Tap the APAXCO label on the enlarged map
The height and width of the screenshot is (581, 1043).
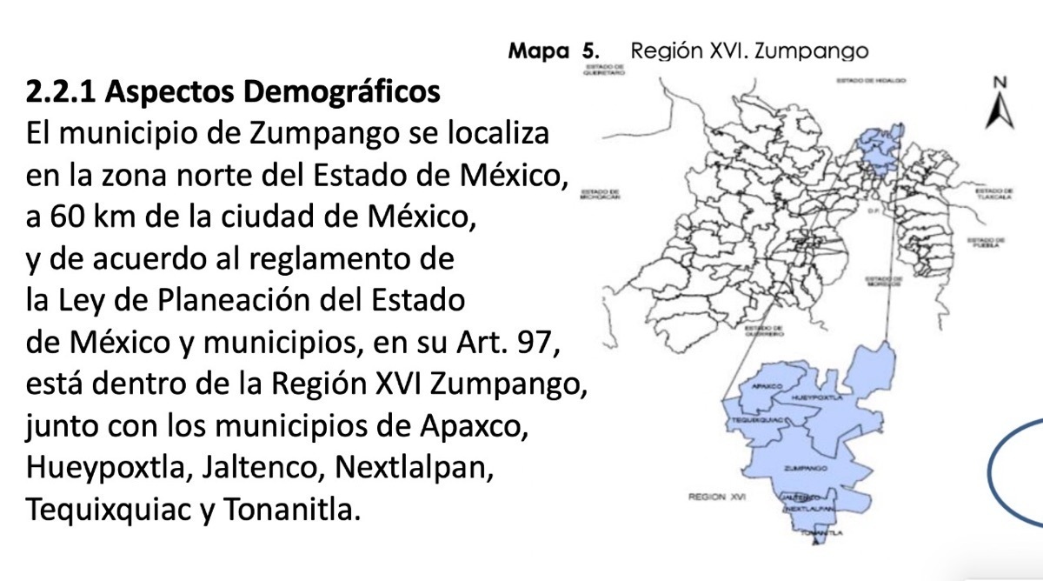[x=762, y=384]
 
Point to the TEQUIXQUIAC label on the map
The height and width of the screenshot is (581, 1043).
[x=753, y=419]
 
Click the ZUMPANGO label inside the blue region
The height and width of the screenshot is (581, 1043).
[x=805, y=468]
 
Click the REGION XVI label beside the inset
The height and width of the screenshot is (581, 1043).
[x=718, y=498]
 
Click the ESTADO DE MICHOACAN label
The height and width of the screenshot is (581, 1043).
[x=600, y=194]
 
